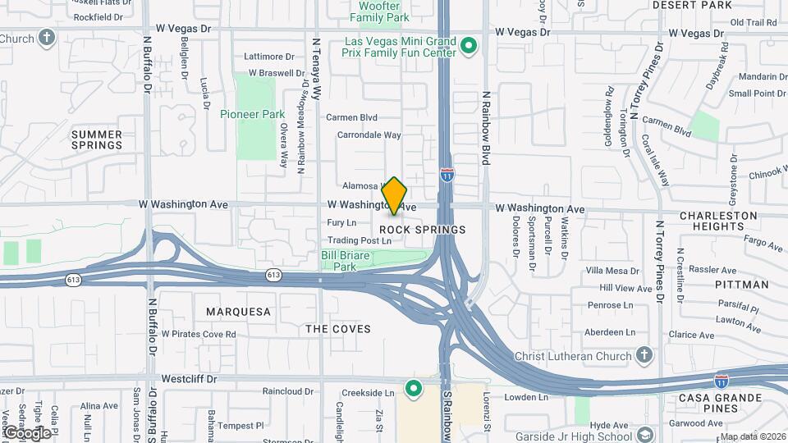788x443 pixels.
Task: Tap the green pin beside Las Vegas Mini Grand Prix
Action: pyautogui.click(x=469, y=45)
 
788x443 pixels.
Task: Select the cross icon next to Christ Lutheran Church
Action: pyautogui.click(x=645, y=355)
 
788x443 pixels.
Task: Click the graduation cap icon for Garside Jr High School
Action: pyautogui.click(x=646, y=435)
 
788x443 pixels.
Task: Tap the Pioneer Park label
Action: pyautogui.click(x=251, y=114)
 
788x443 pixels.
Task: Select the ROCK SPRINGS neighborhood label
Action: pyautogui.click(x=423, y=230)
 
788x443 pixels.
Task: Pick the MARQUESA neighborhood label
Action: pyautogui.click(x=238, y=312)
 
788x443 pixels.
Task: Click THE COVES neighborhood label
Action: pyautogui.click(x=338, y=329)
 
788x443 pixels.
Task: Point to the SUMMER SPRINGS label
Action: pyautogui.click(x=97, y=139)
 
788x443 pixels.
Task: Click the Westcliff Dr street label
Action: pyautogui.click(x=189, y=380)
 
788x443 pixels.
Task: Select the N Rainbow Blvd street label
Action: pyautogui.click(x=486, y=128)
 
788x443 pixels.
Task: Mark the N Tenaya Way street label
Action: pyautogui.click(x=316, y=66)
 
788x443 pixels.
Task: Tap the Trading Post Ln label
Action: pyautogui.click(x=360, y=241)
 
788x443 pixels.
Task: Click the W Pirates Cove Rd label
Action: pyautogui.click(x=198, y=334)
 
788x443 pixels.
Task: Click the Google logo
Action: pyautogui.click(x=26, y=432)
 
